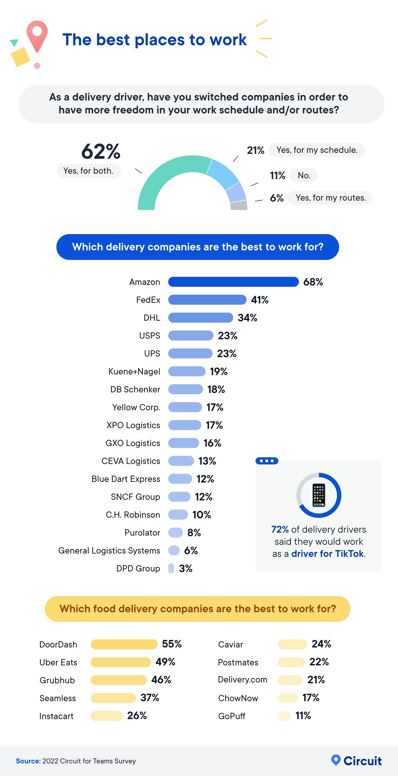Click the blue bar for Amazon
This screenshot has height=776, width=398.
(x=233, y=282)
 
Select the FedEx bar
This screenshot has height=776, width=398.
(x=207, y=300)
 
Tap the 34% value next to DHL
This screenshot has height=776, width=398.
(x=247, y=318)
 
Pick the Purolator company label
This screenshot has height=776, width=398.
(x=142, y=533)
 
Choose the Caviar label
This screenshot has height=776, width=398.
(x=231, y=644)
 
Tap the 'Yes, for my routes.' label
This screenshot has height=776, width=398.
(x=331, y=198)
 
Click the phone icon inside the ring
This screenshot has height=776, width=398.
(x=319, y=495)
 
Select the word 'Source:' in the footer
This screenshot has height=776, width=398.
(x=28, y=761)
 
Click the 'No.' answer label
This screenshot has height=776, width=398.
(x=304, y=175)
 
